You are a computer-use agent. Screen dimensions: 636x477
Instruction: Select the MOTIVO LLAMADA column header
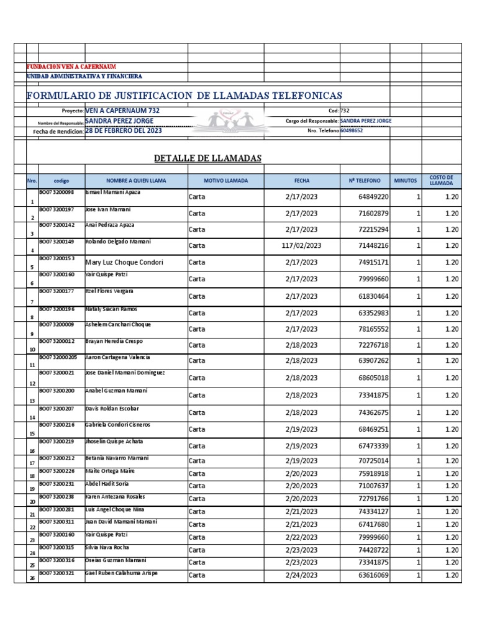pos(225,181)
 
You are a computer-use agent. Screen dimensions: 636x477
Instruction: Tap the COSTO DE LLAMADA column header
pos(441,181)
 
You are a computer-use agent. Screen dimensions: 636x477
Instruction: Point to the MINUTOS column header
pos(406,181)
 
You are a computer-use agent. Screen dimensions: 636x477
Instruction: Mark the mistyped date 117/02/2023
pos(301,246)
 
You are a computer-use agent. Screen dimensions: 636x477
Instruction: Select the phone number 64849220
pos(373,197)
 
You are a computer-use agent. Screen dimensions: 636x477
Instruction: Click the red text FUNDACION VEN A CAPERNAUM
pos(71,66)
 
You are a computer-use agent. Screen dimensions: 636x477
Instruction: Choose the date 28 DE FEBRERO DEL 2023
pos(123,131)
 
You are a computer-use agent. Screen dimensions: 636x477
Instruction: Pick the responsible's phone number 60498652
pos(352,131)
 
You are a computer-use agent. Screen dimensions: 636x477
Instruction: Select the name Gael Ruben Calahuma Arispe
pos(121,573)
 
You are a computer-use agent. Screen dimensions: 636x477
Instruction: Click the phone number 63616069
pos(373,575)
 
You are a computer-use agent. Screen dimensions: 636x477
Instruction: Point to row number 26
pos(32,578)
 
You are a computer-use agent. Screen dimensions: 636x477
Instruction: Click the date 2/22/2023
pos(301,537)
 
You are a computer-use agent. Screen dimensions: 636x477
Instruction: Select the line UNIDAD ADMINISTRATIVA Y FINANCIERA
pos(84,76)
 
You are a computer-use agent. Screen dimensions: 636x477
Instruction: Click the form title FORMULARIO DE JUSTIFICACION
pos(184,96)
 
